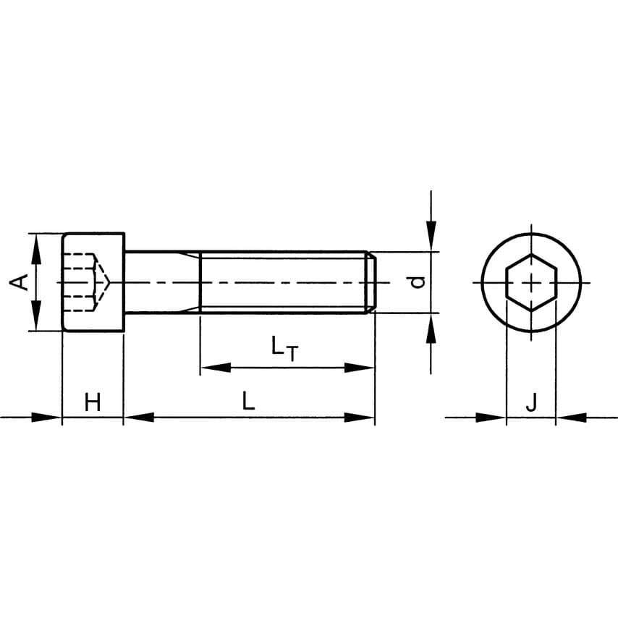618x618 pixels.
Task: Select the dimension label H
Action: pos(93,402)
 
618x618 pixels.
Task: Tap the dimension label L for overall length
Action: pos(248,402)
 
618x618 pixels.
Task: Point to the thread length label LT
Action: pos(284,348)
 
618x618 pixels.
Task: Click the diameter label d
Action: pos(417,282)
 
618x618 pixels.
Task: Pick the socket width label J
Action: pos(531,402)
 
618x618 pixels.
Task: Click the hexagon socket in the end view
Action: pos(531,282)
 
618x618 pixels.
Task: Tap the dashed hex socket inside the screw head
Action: pos(85,282)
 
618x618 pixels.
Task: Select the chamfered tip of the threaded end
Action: pos(371,282)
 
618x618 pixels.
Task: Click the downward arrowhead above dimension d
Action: pos(431,235)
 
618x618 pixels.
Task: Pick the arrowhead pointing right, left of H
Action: pos(47,417)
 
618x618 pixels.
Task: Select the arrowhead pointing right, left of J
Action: pos(491,417)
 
